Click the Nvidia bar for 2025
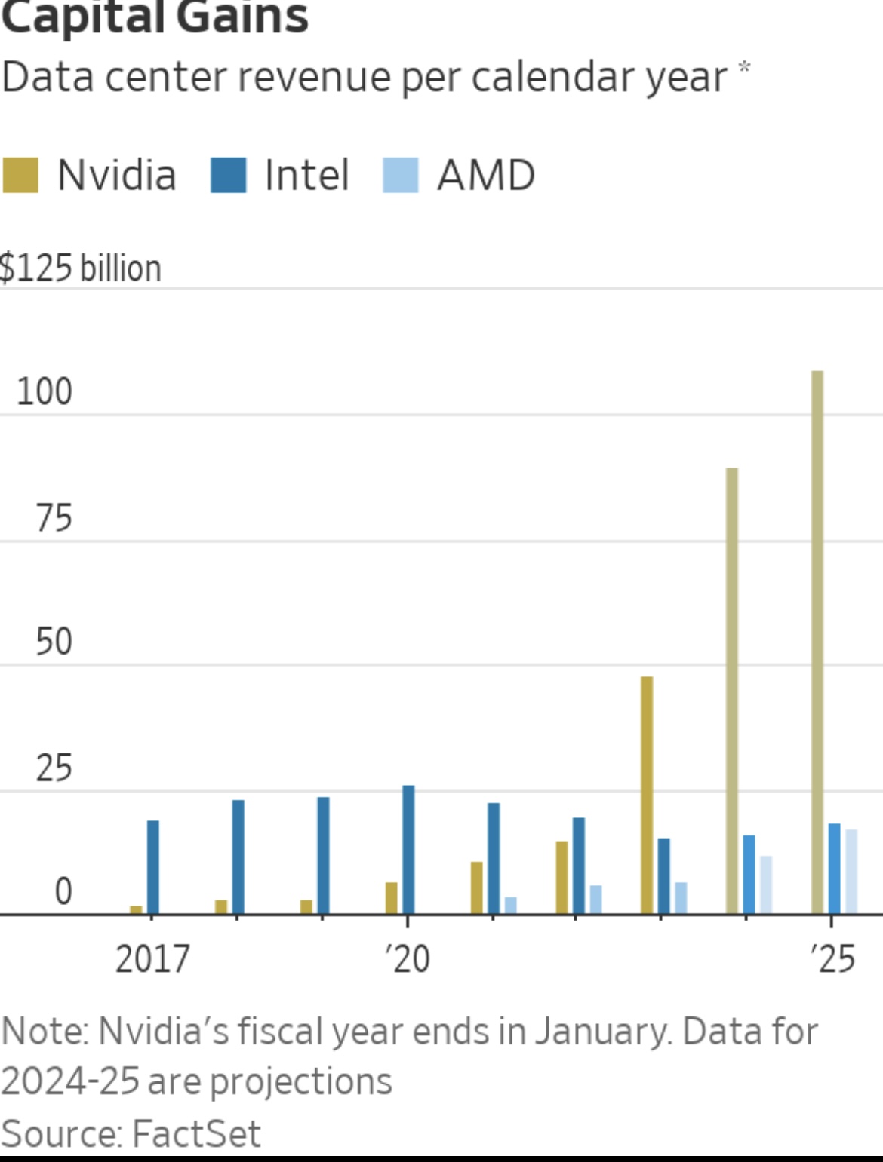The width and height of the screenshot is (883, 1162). pyautogui.click(x=817, y=641)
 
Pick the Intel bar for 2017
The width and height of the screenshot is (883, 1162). pyautogui.click(x=153, y=867)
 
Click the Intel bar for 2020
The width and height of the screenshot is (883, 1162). pyautogui.click(x=408, y=849)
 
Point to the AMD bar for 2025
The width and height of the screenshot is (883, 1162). pyautogui.click(x=851, y=872)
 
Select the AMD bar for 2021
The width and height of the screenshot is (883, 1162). pyautogui.click(x=511, y=905)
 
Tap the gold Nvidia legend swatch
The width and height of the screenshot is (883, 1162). pyautogui.click(x=20, y=175)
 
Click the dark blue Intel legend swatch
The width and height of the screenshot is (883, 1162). pyautogui.click(x=228, y=175)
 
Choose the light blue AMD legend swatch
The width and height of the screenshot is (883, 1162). pyautogui.click(x=400, y=175)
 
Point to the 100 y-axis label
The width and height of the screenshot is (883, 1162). pyautogui.click(x=45, y=392)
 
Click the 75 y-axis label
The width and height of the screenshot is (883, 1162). pyautogui.click(x=54, y=518)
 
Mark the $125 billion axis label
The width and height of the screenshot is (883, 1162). pyautogui.click(x=81, y=268)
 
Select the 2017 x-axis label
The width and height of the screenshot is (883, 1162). pyautogui.click(x=152, y=959)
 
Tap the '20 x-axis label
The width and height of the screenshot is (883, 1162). pyautogui.click(x=408, y=959)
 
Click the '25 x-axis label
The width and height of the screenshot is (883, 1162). pyautogui.click(x=832, y=959)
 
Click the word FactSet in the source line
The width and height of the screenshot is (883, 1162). pyautogui.click(x=195, y=1134)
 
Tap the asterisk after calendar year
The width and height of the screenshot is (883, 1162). pyautogui.click(x=744, y=68)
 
